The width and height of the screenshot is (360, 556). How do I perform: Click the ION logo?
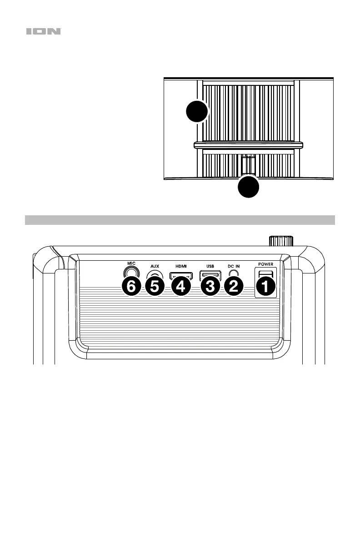pos(44,32)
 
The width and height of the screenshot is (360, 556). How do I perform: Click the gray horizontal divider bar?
pos(180,220)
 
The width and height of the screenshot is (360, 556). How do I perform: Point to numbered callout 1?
pos(265,287)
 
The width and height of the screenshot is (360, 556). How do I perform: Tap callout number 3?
pos(209,287)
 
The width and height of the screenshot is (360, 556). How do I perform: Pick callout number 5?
pos(156,287)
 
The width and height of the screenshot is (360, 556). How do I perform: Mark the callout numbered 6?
pos(131,287)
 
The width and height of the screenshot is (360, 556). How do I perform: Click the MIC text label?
pos(131,263)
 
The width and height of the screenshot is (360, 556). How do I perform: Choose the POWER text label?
pos(266,264)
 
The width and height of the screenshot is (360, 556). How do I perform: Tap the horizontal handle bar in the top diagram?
pos(248,145)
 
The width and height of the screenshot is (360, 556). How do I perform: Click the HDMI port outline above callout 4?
pos(180,275)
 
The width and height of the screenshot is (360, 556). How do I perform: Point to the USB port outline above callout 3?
pos(210,275)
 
